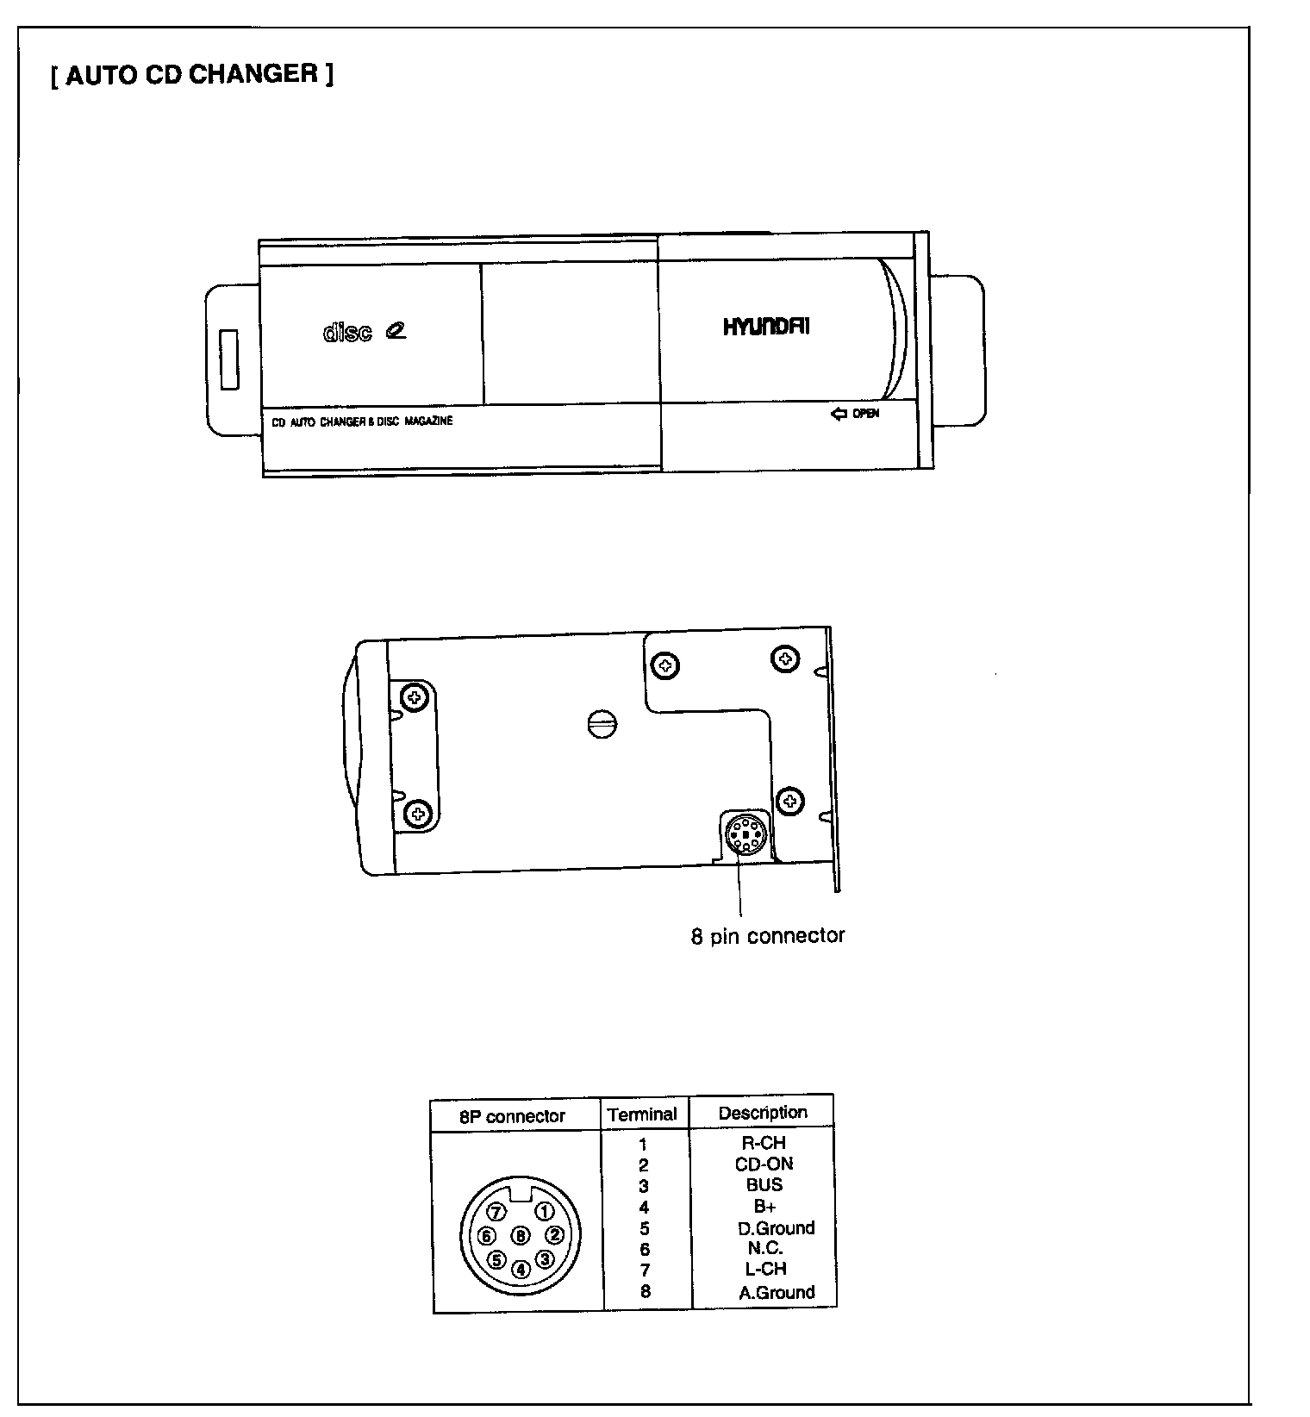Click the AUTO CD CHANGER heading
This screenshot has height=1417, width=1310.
[x=192, y=75]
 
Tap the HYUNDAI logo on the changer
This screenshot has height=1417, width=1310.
[x=766, y=327]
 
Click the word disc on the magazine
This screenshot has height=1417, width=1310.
[x=347, y=332]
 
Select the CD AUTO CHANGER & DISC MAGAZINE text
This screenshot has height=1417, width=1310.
[x=362, y=421]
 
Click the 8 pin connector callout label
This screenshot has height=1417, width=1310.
[x=767, y=936]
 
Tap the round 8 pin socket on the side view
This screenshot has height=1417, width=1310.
[x=744, y=834]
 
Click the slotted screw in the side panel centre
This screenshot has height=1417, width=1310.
[x=602, y=724]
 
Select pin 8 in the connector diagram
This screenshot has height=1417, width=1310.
[x=521, y=1236]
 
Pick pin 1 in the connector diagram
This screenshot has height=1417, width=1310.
[x=545, y=1212]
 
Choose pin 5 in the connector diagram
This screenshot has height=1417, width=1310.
[x=496, y=1259]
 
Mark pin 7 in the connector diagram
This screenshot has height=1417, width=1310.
[x=496, y=1212]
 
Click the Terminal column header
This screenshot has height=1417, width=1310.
[x=642, y=1114]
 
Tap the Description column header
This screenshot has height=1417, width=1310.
[x=763, y=1113]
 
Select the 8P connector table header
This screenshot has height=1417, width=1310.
[x=512, y=1116]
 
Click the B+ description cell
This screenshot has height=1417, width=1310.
[x=764, y=1207]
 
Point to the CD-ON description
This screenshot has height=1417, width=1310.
[x=764, y=1164]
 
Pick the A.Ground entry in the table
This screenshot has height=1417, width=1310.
[x=777, y=1292]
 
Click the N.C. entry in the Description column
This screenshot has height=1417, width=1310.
[x=764, y=1248]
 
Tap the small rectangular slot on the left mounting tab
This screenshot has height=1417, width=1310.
[x=229, y=359]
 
